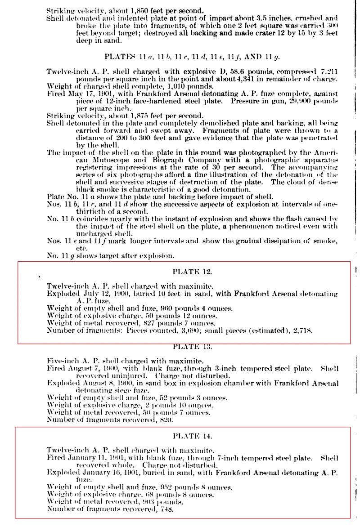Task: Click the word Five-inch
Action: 63,361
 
